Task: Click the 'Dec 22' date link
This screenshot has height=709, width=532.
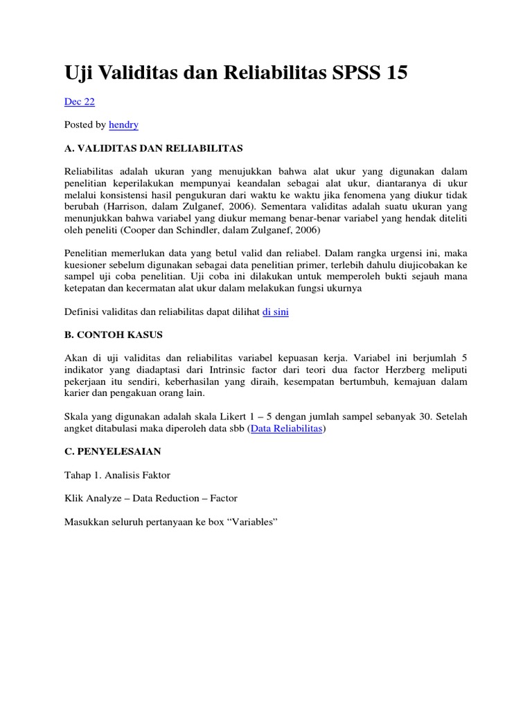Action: click(x=79, y=102)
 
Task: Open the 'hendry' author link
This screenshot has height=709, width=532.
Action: click(x=124, y=125)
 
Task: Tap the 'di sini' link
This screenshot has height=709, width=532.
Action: click(x=276, y=312)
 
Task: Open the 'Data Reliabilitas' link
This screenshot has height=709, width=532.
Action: click(x=286, y=429)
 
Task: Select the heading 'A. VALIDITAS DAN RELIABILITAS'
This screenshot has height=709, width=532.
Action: click(x=153, y=147)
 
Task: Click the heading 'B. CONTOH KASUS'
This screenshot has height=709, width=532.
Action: click(x=114, y=334)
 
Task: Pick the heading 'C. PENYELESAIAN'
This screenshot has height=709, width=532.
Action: click(x=113, y=451)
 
